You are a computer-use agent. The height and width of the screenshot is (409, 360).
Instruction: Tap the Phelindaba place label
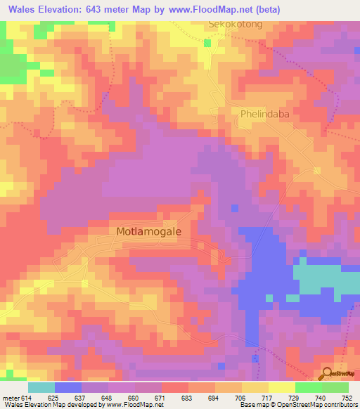[x=265, y=113]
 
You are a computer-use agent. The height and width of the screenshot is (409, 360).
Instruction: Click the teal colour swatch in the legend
[x=41, y=387]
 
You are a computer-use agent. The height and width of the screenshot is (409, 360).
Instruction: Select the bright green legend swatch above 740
[x=309, y=387]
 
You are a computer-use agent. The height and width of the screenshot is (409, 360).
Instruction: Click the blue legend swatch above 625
[x=68, y=387]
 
